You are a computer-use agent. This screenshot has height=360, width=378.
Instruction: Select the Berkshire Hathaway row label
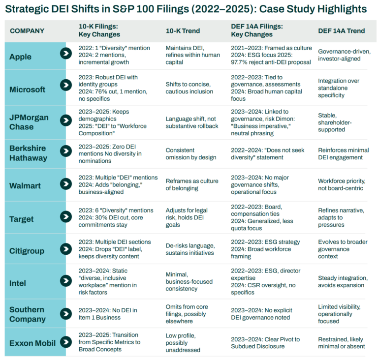[28, 153]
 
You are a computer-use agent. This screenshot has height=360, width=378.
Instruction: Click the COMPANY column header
[27, 31]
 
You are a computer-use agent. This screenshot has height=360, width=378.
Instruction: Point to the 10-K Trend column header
[183, 31]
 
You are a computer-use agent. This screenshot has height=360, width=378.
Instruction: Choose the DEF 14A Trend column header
[341, 31]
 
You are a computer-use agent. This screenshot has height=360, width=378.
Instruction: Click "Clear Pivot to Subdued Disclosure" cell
[265, 342]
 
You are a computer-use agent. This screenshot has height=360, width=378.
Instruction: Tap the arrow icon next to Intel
[65, 281]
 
